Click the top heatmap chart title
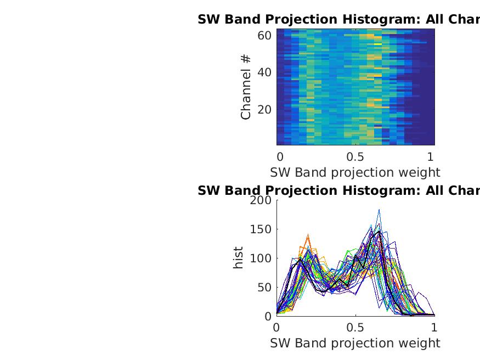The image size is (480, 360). tap(338, 20)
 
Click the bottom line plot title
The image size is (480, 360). tap(338, 191)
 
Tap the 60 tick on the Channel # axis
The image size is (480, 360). tap(266, 36)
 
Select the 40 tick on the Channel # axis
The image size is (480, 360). tap(266, 72)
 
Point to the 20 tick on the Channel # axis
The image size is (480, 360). tap(266, 109)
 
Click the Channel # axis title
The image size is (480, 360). tap(246, 87)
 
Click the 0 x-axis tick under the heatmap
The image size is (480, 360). tap(280, 156)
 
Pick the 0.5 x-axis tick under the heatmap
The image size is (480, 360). tap(355, 156)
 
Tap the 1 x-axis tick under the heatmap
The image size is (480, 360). tap(431, 156)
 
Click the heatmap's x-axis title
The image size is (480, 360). tap(355, 172)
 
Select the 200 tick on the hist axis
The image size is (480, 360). tap(261, 200)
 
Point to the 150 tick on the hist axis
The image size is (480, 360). tap(261, 229)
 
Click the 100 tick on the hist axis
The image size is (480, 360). tap(261, 258)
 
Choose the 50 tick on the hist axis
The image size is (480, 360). tap(264, 288)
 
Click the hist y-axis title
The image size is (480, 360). tap(238, 258)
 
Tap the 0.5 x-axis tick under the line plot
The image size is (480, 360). tap(355, 327)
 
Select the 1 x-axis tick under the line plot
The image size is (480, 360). tap(434, 327)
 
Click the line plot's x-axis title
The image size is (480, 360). tap(355, 343)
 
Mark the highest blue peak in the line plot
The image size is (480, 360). tap(379, 210)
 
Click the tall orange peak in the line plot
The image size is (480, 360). tap(308, 235)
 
